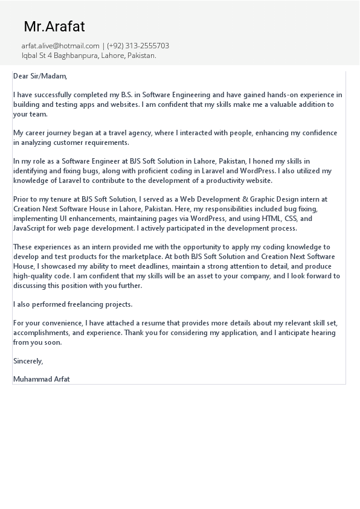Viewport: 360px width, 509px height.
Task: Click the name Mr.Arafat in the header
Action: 54,27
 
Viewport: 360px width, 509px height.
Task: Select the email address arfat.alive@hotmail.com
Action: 60,46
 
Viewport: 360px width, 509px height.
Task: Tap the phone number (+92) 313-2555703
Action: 138,46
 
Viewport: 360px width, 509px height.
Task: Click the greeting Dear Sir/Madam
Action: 40,76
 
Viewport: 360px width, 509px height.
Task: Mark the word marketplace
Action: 138,257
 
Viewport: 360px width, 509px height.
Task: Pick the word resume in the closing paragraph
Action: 165,323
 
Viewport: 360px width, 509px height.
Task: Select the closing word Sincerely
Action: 28,361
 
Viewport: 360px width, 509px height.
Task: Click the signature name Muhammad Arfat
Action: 41,379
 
